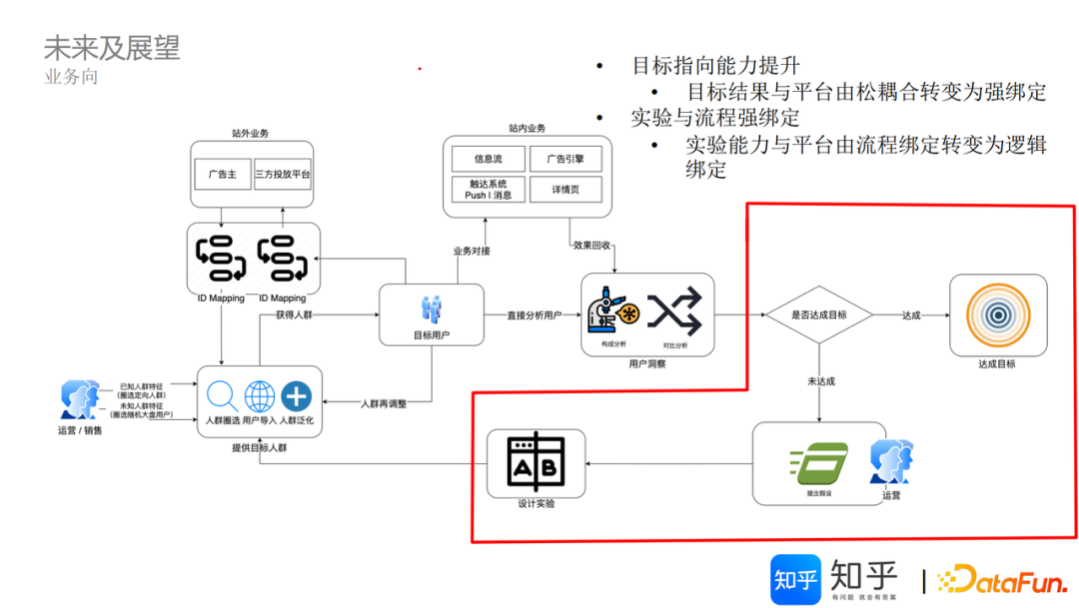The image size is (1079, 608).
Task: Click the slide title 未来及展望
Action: [x=112, y=47]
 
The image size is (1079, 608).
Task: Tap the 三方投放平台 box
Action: [x=283, y=174]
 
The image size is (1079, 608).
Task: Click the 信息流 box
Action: [x=488, y=159]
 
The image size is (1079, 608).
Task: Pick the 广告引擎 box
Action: [x=564, y=159]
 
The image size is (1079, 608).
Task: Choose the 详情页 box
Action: [x=564, y=189]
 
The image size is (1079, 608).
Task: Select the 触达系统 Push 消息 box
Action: [x=488, y=189]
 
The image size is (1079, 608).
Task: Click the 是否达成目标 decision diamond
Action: [x=818, y=315]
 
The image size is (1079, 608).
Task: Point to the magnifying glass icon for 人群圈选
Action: [x=223, y=396]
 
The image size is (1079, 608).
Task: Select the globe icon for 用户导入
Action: [x=260, y=396]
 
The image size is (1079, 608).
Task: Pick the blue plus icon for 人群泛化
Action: [x=296, y=396]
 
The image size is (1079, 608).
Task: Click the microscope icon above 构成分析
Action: [x=611, y=313]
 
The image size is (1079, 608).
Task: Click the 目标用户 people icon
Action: [x=432, y=308]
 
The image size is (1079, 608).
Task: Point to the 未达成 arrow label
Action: [x=820, y=381]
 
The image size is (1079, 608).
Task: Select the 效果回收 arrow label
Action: [x=592, y=245]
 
